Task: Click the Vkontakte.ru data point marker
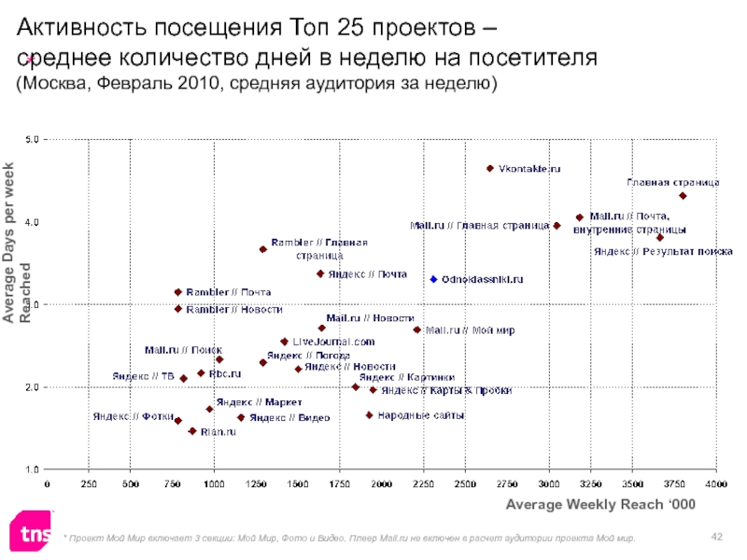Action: (x=489, y=169)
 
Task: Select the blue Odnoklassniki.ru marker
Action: (x=433, y=279)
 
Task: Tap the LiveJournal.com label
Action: (x=333, y=342)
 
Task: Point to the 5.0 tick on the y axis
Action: (x=31, y=140)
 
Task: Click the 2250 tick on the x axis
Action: (x=423, y=483)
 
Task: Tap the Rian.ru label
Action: (x=218, y=432)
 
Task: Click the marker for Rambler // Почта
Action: (x=178, y=292)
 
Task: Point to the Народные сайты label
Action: (x=421, y=415)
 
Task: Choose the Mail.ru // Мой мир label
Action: (x=470, y=330)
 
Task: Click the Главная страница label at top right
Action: (x=672, y=183)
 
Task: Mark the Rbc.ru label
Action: (x=225, y=373)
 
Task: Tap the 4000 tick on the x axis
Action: (x=716, y=483)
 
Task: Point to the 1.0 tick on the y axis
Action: (x=31, y=469)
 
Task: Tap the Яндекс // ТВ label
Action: (x=143, y=376)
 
